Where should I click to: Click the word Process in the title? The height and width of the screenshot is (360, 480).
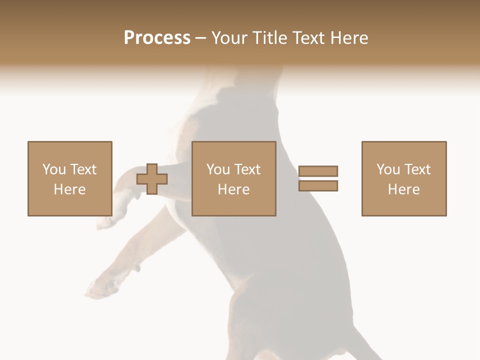pos(157,38)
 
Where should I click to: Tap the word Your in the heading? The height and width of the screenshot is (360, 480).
pos(230,38)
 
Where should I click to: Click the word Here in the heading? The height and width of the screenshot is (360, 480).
pos(349,38)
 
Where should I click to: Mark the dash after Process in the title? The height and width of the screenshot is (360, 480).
pos(200,38)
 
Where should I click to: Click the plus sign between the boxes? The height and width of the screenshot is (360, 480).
pos(152,179)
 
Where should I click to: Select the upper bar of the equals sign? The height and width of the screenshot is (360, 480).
pos(318,171)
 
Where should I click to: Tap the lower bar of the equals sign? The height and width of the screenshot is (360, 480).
pos(318,185)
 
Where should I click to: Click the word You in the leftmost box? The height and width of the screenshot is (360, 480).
pos(53,169)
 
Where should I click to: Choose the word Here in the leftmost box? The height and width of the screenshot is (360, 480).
pos(69,189)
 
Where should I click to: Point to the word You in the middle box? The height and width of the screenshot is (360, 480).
pos(218,169)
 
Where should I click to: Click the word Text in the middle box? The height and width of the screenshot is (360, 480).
pos(247,169)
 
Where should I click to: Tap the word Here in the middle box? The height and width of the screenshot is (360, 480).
pos(233,189)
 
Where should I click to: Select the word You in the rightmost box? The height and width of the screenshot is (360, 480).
pos(388,169)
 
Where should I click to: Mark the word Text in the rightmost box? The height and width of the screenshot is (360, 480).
pos(417,169)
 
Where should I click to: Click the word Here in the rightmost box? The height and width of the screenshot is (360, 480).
pos(403,189)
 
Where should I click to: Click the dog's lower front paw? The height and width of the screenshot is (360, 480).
pos(97,288)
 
